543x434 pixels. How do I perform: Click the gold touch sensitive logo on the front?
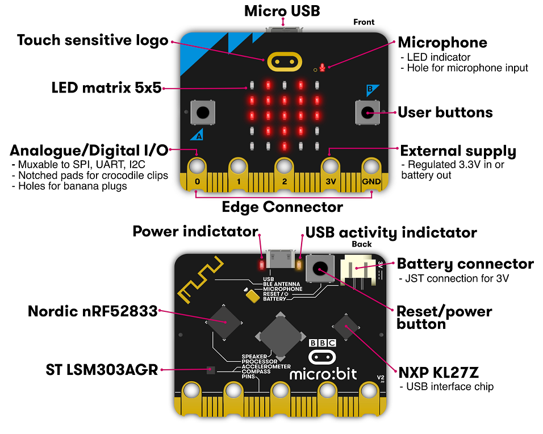pyautogui.click(x=285, y=62)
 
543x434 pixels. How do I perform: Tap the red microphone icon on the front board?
pyautogui.click(x=323, y=68)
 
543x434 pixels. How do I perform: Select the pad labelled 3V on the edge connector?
pyautogui.click(x=331, y=174)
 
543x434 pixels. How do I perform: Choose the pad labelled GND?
pyautogui.click(x=371, y=174)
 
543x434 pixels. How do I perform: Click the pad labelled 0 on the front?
pyautogui.click(x=197, y=174)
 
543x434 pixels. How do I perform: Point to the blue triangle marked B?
pyautogui.click(x=372, y=90)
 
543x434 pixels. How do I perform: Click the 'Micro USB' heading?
pyautogui.click(x=282, y=11)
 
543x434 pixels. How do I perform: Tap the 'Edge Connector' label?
pyautogui.click(x=282, y=207)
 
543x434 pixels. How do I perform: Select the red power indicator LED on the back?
pyautogui.click(x=261, y=265)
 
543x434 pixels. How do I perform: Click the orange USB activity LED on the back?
pyautogui.click(x=299, y=265)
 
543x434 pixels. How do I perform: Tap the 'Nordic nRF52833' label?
pyautogui.click(x=93, y=311)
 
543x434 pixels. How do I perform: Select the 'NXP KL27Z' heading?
pyautogui.click(x=438, y=373)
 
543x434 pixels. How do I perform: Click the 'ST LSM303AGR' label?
pyautogui.click(x=102, y=370)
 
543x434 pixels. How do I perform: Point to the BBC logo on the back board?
pyautogui.click(x=323, y=343)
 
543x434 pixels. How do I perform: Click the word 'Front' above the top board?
pyautogui.click(x=364, y=22)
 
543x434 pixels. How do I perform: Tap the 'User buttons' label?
pyautogui.click(x=445, y=112)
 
